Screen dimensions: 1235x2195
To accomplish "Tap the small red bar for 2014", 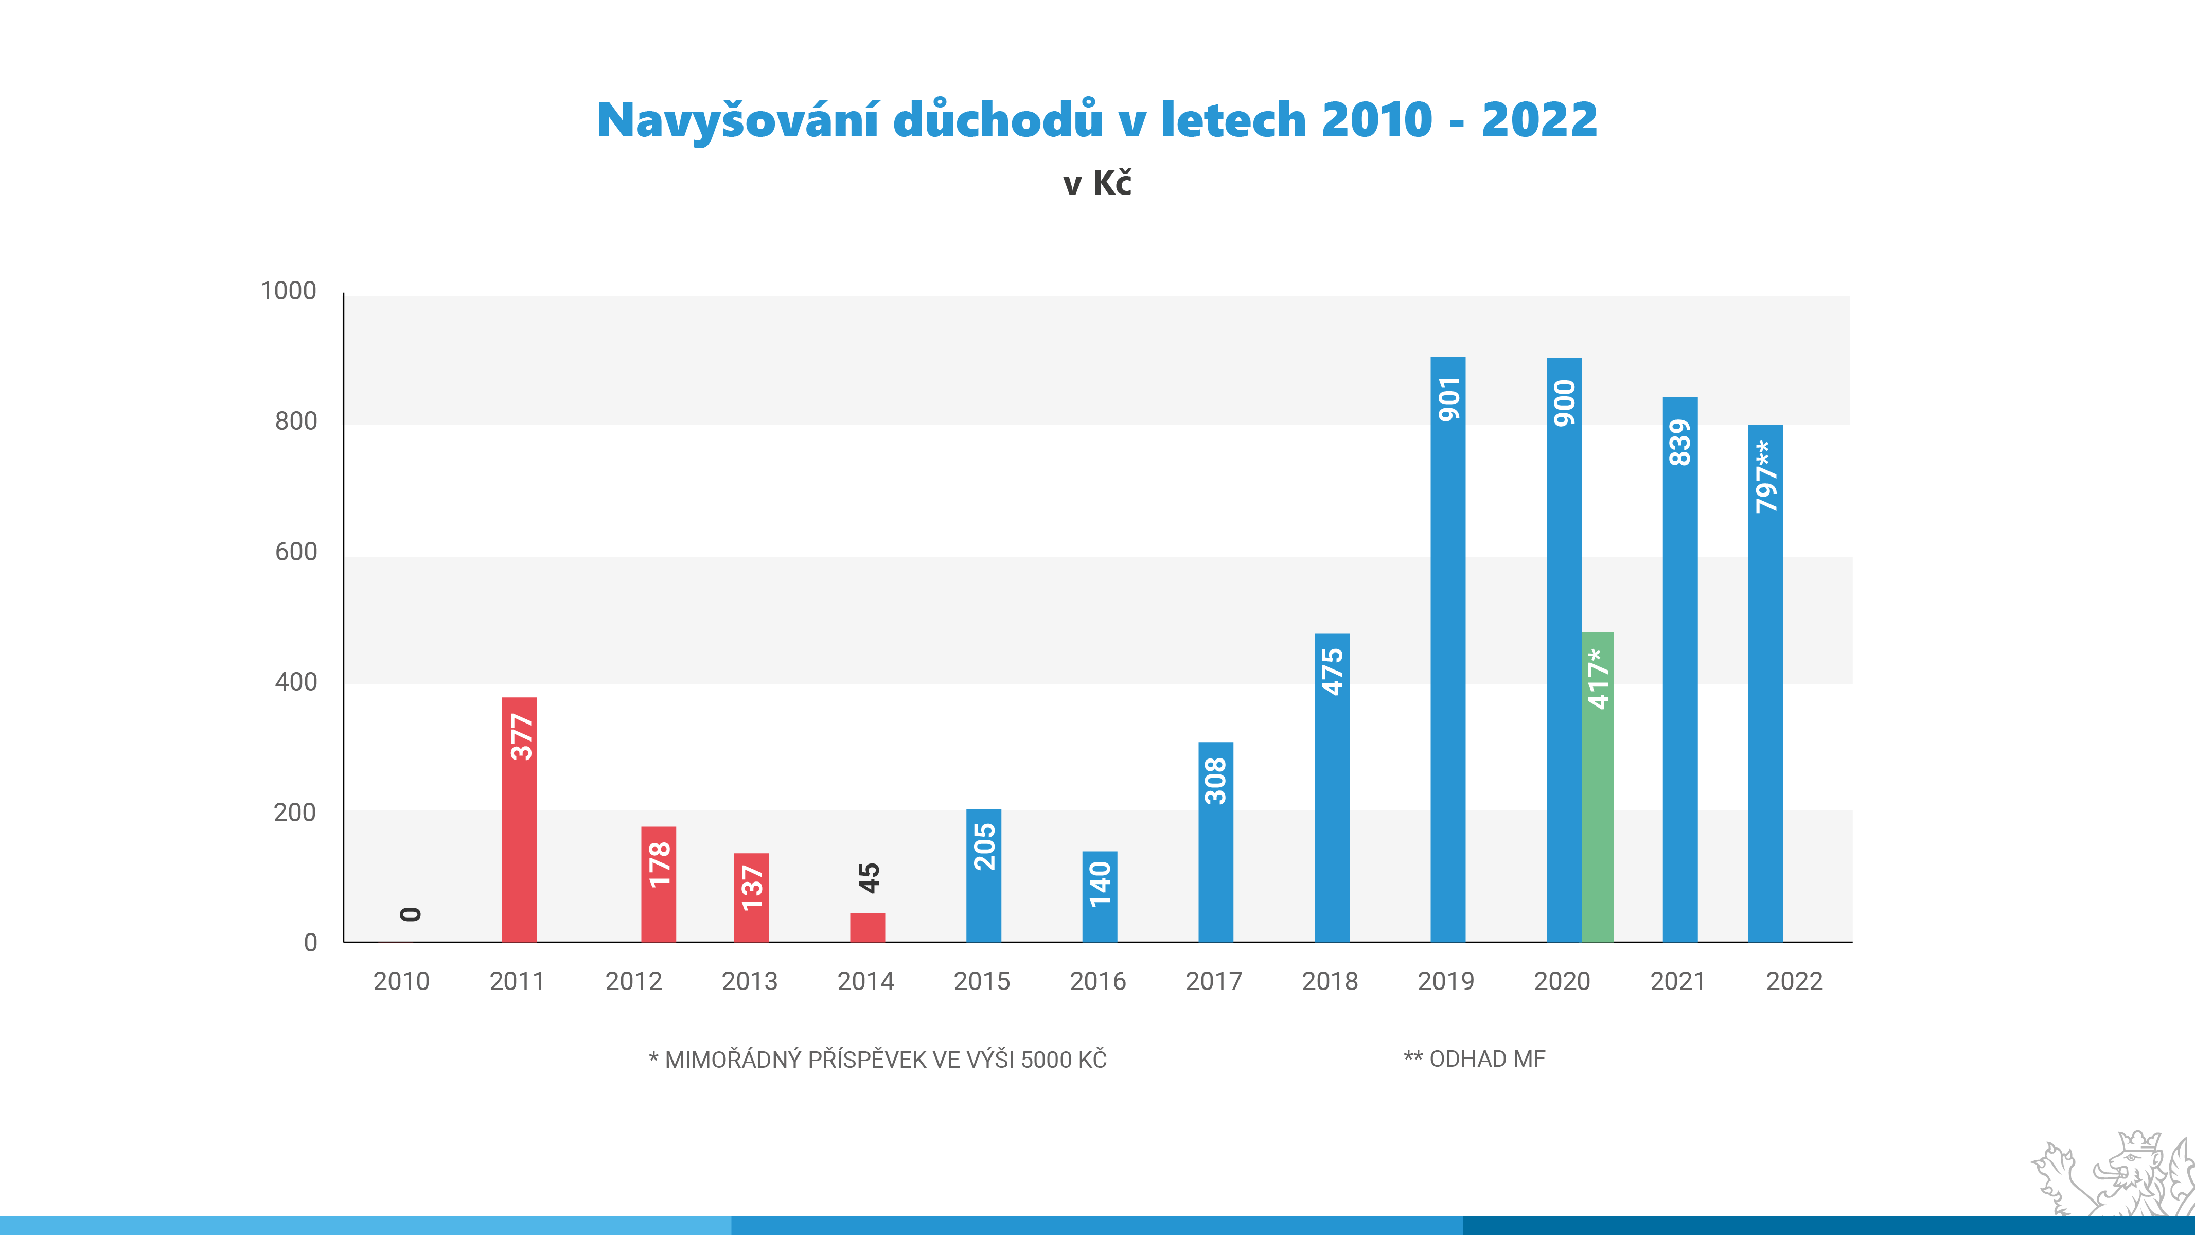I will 868,927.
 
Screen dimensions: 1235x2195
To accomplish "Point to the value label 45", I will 869,878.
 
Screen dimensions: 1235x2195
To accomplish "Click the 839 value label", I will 1679,443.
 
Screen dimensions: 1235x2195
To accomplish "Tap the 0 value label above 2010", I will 411,914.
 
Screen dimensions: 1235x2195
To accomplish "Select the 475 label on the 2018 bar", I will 1332,672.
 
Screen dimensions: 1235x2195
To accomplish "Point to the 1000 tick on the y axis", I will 288,291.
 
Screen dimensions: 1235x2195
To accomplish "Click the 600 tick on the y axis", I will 296,552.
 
